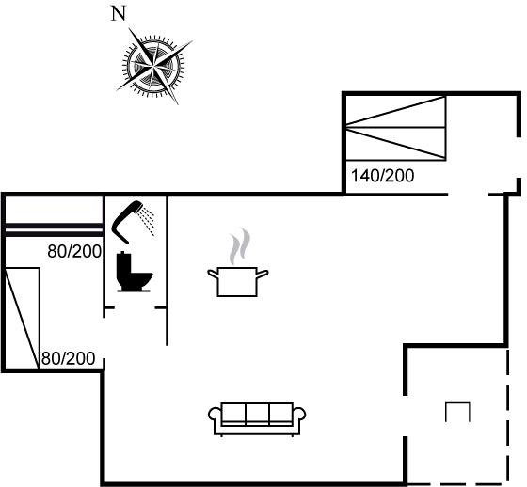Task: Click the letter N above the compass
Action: pyautogui.click(x=119, y=14)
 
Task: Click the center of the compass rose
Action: pyautogui.click(x=153, y=65)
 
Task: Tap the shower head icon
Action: pyautogui.click(x=128, y=221)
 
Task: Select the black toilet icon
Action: pyautogui.click(x=134, y=272)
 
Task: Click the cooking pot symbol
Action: pyautogui.click(x=237, y=281)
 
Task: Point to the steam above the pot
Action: pyautogui.click(x=240, y=246)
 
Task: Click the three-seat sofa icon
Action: pyautogui.click(x=257, y=418)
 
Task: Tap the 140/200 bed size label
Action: pyautogui.click(x=382, y=176)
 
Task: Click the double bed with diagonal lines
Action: pyautogui.click(x=395, y=128)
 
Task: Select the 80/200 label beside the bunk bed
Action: pyautogui.click(x=74, y=251)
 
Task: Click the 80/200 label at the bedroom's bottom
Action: pyautogui.click(x=68, y=359)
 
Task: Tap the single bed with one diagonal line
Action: pyautogui.click(x=23, y=318)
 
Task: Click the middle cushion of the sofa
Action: pyautogui.click(x=257, y=413)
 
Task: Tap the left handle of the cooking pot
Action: pyautogui.click(x=213, y=274)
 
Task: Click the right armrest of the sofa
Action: pyautogui.click(x=299, y=414)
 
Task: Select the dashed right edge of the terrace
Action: pyautogui.click(x=507, y=416)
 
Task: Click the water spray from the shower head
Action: pyautogui.click(x=148, y=221)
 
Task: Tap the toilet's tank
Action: pyautogui.click(x=123, y=263)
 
